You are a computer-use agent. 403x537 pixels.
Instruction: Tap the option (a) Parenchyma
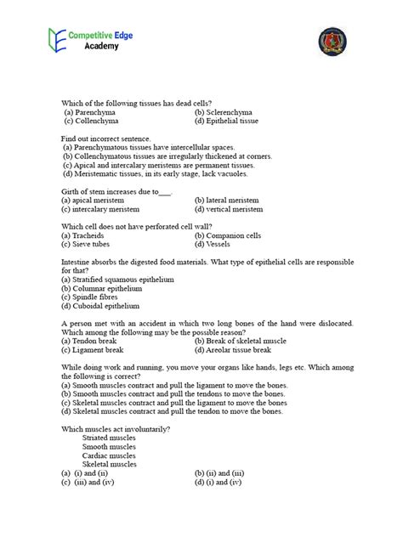pyautogui.click(x=92, y=112)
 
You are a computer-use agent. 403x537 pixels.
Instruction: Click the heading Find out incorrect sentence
pyautogui.click(x=105, y=138)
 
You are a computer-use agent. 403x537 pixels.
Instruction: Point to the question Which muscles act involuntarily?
pyautogui.click(x=116, y=429)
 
